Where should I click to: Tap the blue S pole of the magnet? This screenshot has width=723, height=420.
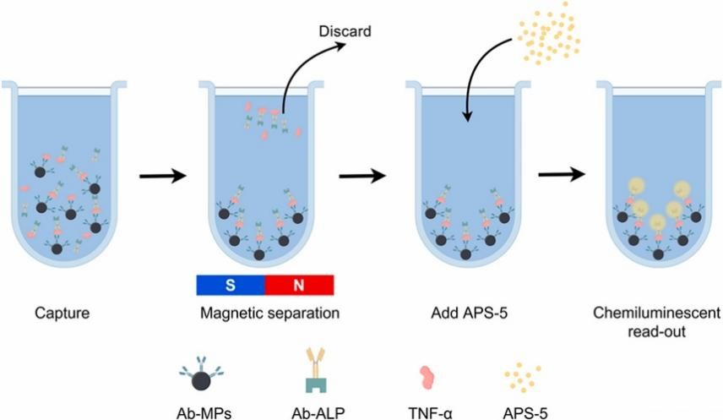coord(230,285)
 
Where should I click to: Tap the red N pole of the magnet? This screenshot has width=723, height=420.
coord(300,285)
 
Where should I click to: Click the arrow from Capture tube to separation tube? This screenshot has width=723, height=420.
coord(163,177)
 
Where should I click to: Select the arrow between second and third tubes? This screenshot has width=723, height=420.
coord(362,177)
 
